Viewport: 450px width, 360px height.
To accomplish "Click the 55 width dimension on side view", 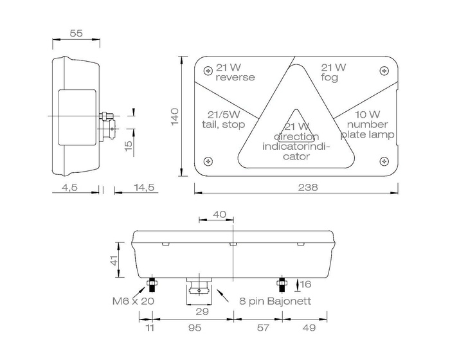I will (76, 34).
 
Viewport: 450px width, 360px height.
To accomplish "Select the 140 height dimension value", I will (174, 117).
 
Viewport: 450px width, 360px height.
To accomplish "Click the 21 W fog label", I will (334, 73).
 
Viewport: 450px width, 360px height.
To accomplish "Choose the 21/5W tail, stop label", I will (222, 120).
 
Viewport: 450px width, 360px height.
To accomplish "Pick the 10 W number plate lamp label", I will (367, 125).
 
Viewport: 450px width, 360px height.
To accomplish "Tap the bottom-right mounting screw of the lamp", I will (384, 161).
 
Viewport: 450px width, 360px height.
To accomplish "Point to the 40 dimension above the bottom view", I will (219, 215).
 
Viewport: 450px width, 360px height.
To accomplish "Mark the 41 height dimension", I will (114, 260).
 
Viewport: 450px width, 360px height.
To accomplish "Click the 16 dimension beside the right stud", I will (305, 283).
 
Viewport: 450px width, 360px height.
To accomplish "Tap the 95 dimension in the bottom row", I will (194, 328).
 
